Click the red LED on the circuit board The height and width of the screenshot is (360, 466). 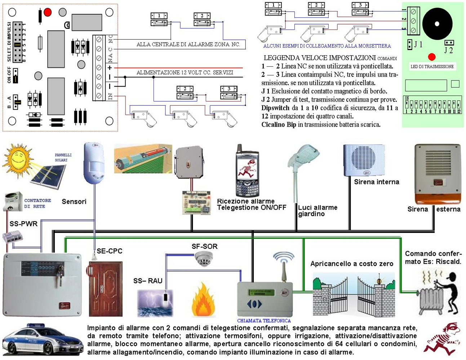[48, 13]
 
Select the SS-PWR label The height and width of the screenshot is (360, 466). [23, 224]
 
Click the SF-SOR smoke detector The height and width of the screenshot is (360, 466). [204, 259]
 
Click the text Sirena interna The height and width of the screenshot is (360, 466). [377, 182]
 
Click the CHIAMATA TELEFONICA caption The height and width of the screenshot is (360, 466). [264, 321]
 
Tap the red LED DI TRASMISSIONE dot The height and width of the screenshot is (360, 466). [432, 57]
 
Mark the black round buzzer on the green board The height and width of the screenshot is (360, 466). [437, 24]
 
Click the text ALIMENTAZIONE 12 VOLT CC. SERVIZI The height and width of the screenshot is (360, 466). [185, 73]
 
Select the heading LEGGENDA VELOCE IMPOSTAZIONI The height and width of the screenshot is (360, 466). [320, 58]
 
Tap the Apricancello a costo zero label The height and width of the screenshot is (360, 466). [351, 264]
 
